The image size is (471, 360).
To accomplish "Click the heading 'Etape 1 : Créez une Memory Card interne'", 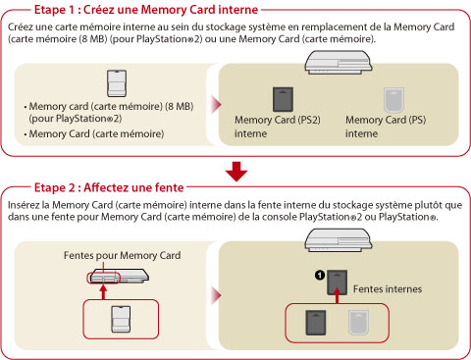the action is click(146, 10).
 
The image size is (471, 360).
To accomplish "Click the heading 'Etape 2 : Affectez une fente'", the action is click(109, 187).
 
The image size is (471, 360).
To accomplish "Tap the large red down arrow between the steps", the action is click(236, 172).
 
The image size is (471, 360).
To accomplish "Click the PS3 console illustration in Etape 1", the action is click(339, 62).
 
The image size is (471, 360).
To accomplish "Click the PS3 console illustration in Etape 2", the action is click(339, 240).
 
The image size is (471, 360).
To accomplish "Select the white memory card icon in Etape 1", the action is click(117, 83).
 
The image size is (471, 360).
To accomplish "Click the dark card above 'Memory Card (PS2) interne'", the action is click(283, 99).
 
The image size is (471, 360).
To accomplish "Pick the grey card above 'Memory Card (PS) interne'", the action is click(393, 100).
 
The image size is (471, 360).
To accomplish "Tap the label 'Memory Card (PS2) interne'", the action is click(278, 127).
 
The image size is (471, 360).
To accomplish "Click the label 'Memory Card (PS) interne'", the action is click(386, 127).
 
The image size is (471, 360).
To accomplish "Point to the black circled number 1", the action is click(320, 276).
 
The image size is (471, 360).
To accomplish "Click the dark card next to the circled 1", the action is click(338, 283).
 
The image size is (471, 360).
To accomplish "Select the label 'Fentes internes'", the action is click(388, 289).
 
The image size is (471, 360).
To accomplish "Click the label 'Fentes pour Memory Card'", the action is click(122, 255).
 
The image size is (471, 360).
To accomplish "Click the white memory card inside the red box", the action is click(121, 320).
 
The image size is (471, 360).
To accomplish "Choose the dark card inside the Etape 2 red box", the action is click(316, 323).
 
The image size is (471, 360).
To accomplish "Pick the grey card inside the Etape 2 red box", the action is click(359, 323).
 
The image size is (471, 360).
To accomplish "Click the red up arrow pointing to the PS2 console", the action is click(103, 292).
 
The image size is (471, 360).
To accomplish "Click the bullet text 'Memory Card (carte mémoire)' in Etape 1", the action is click(96, 133).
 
